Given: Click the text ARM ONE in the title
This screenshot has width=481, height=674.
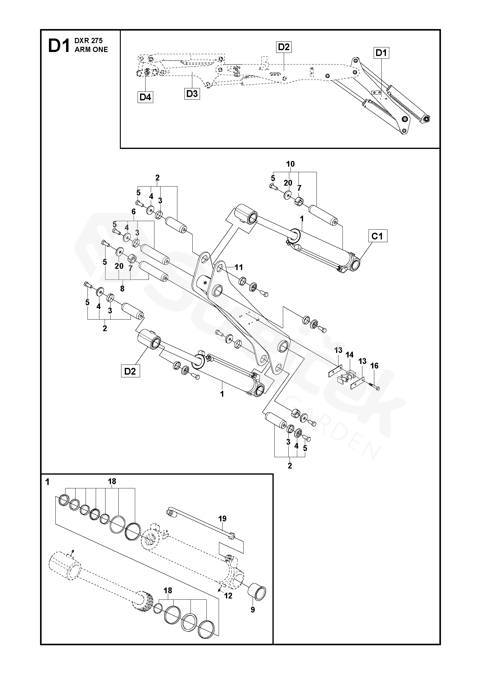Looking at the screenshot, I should pos(91,50).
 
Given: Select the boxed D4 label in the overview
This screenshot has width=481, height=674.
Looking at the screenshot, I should pos(145,97).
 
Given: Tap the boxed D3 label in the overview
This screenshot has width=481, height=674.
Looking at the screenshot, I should pos(192,94).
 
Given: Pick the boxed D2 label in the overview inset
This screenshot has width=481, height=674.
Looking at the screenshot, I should pos(284,47).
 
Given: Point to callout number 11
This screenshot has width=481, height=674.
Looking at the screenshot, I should pos(239,267).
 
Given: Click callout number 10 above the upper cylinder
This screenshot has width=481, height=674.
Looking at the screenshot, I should pos(290,164).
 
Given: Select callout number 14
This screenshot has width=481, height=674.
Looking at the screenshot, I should pos(349,355).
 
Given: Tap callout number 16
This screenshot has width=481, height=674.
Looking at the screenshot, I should pos(374,366).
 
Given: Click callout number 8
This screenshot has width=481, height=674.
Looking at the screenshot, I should pos(122,288).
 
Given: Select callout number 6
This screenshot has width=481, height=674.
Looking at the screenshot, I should pos(133,211).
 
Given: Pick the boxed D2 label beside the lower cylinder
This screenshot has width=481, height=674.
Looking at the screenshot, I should pos(130,371).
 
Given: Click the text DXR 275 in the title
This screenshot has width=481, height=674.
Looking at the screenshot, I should pos(88,41).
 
